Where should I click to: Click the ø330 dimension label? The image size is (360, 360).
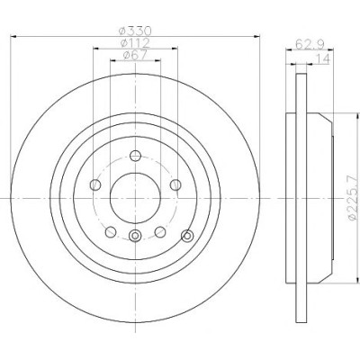[135, 31]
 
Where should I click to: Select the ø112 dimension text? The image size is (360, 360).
[135, 43]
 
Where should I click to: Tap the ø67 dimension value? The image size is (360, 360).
[135, 55]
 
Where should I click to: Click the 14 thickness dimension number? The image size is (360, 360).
[322, 58]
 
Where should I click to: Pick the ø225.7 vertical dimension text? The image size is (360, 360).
[355, 197]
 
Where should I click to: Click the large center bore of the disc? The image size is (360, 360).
[135, 198]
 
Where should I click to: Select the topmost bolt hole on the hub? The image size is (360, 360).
[135, 156]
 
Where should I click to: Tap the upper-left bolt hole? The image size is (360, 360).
[95, 184]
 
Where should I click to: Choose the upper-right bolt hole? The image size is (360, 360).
[175, 184]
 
